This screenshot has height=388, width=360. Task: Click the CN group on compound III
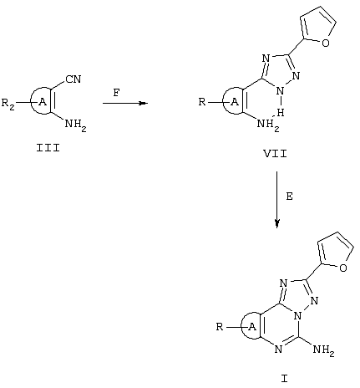click(x=74, y=79)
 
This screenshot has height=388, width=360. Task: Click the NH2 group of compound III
click(x=75, y=125)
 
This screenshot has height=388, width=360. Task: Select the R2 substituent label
click(x=8, y=104)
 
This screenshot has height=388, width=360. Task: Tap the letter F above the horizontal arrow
click(x=117, y=92)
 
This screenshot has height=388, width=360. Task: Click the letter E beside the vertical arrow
click(x=290, y=197)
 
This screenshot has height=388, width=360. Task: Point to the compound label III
click(x=48, y=148)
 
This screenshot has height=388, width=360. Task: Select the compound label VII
click(x=275, y=154)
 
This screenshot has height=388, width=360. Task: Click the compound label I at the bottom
click(x=284, y=379)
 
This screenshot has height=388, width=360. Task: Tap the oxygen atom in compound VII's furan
click(x=326, y=43)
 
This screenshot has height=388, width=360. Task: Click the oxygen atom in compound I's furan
click(x=343, y=268)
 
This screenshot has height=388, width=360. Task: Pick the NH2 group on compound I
click(x=323, y=350)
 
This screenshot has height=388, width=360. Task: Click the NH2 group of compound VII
click(x=268, y=125)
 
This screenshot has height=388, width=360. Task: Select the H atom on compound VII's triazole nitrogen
click(x=281, y=113)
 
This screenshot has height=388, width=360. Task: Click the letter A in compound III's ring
click(x=43, y=102)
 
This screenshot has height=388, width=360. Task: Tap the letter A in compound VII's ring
click(x=236, y=102)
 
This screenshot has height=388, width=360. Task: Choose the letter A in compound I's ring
click(x=252, y=327)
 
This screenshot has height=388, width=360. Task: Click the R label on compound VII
click(x=202, y=102)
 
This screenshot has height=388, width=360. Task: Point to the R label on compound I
click(x=220, y=326)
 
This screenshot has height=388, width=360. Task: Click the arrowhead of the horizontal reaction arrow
click(x=143, y=104)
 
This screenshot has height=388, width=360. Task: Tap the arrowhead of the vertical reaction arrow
click(x=276, y=223)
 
